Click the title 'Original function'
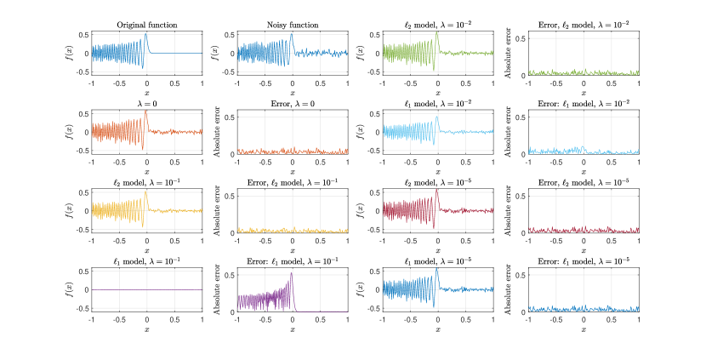147,25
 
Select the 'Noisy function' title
292,25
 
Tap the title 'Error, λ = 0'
292,103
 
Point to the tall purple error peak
292,273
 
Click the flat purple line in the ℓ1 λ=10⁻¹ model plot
147,289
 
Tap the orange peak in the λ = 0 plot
146,111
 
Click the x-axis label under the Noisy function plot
292,93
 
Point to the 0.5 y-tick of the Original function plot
84,35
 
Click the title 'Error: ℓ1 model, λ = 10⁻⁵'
583,260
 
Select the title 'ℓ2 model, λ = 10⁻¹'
147,181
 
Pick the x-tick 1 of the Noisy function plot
347,83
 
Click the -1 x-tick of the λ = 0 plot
91,162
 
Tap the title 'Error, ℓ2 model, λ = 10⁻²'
583,25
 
